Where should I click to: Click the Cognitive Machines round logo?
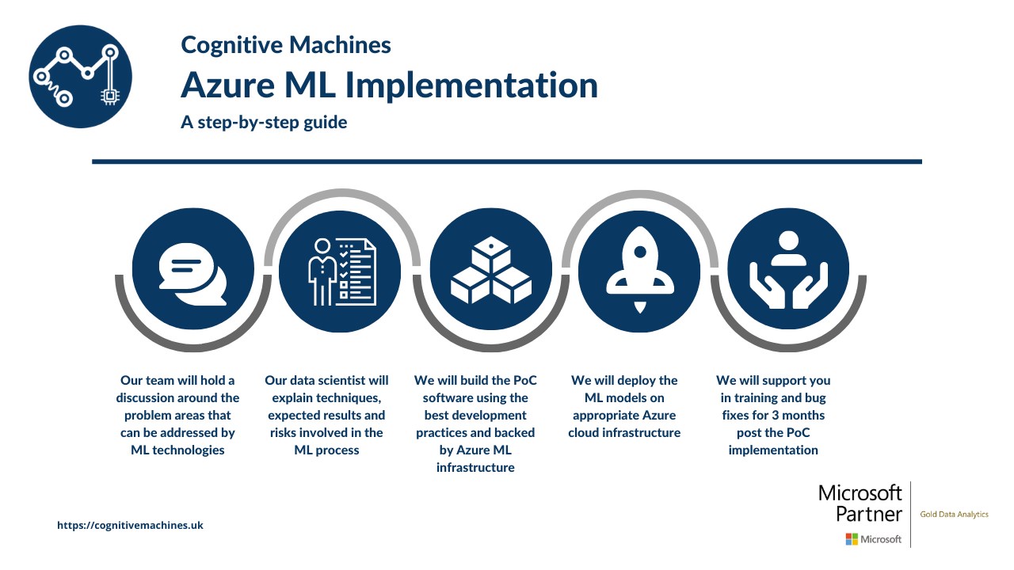tap(81, 77)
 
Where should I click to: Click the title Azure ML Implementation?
tap(389, 85)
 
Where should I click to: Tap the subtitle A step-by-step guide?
tap(264, 123)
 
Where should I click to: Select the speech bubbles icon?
tap(193, 274)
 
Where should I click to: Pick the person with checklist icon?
tap(341, 272)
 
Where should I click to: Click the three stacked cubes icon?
tap(491, 270)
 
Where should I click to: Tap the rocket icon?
tap(640, 270)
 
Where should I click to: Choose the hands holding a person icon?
tap(788, 270)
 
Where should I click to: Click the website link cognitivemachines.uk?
tap(131, 525)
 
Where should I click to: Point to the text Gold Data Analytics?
tap(955, 515)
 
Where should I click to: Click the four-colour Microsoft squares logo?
tap(852, 539)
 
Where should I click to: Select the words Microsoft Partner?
tap(860, 503)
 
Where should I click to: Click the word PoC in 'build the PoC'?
tap(525, 381)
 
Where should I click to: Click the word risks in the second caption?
tap(284, 433)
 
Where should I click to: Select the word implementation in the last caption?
tap(773, 450)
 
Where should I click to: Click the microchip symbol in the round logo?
tap(109, 96)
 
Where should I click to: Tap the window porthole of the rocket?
tap(640, 252)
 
